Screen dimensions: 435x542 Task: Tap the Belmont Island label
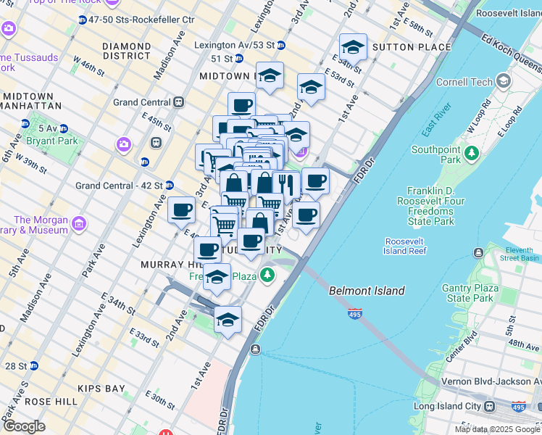367,291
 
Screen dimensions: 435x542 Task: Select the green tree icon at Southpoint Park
472,154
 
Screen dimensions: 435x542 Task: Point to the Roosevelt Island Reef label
405,246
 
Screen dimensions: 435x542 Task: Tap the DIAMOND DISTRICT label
127,51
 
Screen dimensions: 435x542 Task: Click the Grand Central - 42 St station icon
169,186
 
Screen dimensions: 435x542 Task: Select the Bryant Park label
51,141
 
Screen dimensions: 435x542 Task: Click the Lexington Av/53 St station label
235,45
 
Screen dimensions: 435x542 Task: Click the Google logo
25,426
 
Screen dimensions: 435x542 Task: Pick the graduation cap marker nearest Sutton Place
353,48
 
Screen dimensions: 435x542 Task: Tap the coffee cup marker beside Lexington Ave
181,211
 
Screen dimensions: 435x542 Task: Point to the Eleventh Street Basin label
518,253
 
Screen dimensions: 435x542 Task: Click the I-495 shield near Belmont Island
355,315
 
